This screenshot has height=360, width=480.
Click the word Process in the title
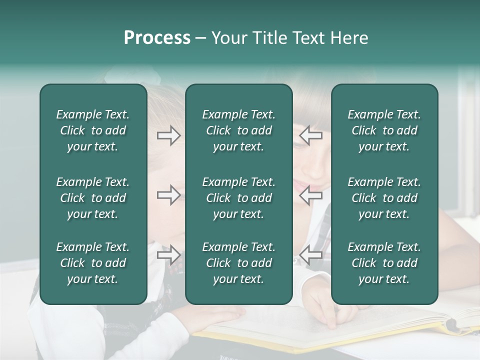click(x=157, y=38)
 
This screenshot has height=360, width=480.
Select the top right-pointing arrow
click(x=168, y=135)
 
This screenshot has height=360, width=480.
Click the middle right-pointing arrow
click(x=168, y=194)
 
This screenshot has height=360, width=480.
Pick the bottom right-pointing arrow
click(x=168, y=254)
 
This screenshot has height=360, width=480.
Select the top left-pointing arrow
click(x=311, y=135)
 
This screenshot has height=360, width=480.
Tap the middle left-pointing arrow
click(x=311, y=194)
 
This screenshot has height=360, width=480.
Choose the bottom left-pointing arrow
click(x=311, y=254)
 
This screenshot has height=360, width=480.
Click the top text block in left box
click(x=93, y=130)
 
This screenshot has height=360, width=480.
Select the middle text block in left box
click(x=93, y=198)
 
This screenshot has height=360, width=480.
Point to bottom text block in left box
click(x=93, y=263)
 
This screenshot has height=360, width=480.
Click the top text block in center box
click(x=238, y=130)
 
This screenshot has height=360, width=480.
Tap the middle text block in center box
click(x=238, y=198)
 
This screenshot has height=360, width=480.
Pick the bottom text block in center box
click(x=238, y=263)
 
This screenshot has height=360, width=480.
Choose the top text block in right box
click(x=384, y=130)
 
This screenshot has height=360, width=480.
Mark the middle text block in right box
click(x=384, y=198)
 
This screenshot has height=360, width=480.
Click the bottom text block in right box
click(x=384, y=263)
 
